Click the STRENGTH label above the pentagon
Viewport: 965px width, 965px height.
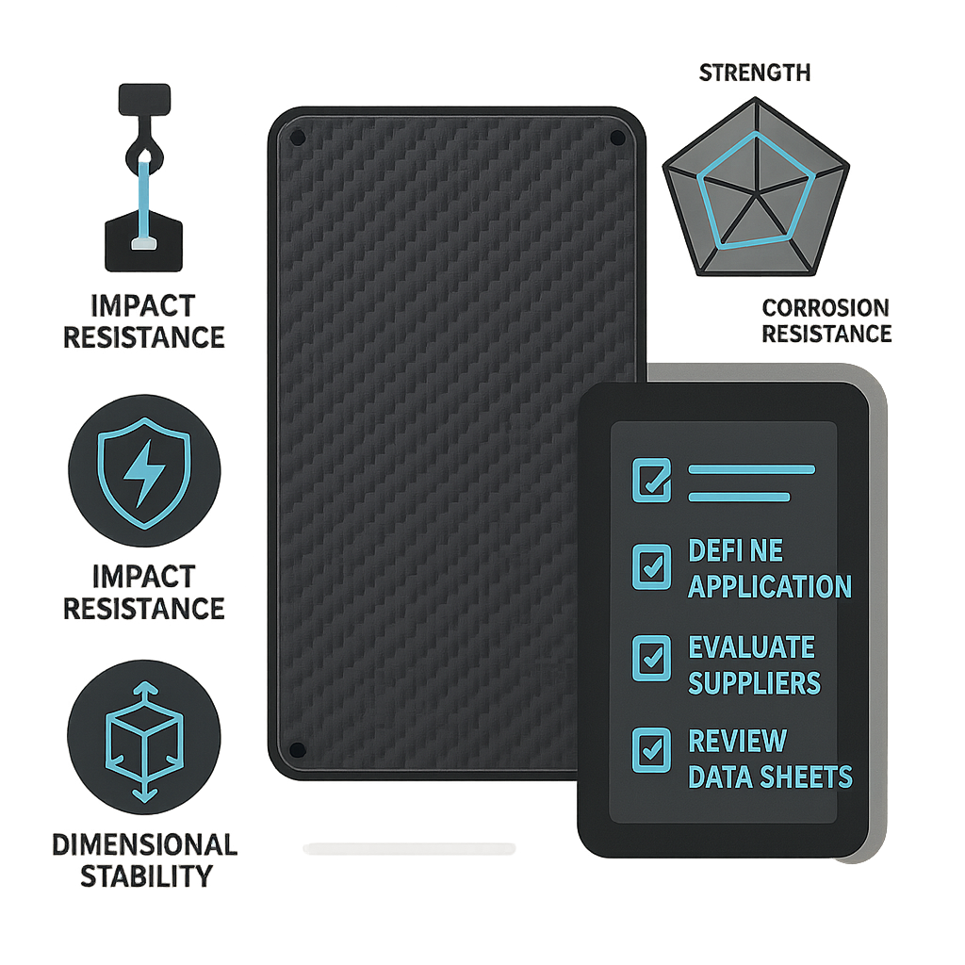point(755,73)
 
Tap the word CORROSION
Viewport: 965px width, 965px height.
point(826,308)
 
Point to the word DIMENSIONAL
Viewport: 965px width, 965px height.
point(144,845)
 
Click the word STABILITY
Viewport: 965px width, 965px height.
point(146,876)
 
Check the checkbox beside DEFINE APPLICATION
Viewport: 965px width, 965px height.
point(652,566)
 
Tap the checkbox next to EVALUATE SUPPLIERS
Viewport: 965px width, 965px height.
point(652,659)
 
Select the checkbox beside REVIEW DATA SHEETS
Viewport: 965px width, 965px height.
point(652,750)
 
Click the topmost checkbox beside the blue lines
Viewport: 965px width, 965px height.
point(652,480)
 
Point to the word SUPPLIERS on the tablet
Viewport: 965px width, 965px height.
point(755,683)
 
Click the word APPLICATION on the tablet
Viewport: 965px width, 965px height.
point(770,586)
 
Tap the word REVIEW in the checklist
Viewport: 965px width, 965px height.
point(737,741)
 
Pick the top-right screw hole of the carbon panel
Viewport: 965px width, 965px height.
point(617,138)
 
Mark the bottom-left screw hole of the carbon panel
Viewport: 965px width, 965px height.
point(297,749)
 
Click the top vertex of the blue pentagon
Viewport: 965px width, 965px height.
point(756,132)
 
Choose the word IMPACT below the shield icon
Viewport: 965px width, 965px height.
point(144,578)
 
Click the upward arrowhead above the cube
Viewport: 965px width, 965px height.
point(144,687)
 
